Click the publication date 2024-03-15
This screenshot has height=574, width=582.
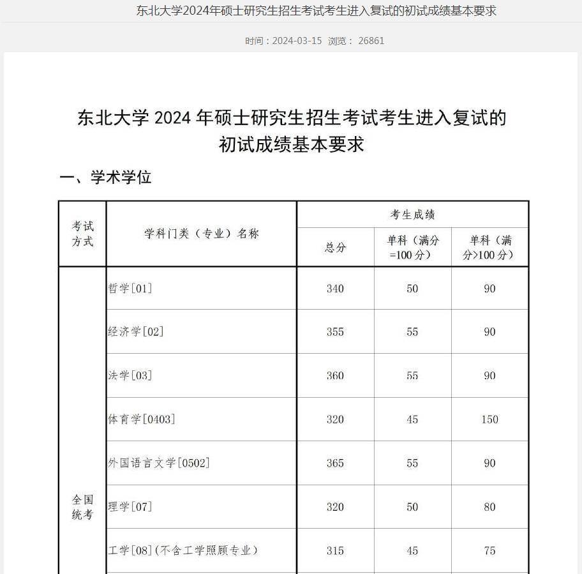[297, 41]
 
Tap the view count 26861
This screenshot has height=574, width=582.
[371, 41]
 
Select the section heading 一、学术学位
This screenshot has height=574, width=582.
[105, 177]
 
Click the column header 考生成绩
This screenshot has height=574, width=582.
[412, 215]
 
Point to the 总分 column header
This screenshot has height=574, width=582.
[335, 248]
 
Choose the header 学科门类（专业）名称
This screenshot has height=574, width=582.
[201, 234]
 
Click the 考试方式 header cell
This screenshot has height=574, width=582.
[82, 234]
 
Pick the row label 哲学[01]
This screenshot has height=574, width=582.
[130, 289]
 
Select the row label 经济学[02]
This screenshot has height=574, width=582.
[136, 332]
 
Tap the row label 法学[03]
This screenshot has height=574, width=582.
[130, 375]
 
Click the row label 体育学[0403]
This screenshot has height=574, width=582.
[142, 419]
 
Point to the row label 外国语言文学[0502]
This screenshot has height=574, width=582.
[159, 463]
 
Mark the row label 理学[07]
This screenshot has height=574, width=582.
[130, 507]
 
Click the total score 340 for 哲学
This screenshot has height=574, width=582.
[335, 289]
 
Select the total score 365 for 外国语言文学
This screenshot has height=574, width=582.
[335, 463]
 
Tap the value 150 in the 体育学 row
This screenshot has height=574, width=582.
[489, 419]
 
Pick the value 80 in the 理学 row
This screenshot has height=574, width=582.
[489, 507]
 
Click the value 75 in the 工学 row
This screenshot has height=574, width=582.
[489, 550]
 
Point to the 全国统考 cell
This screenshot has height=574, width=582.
[82, 507]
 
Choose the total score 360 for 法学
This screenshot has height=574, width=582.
[335, 375]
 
